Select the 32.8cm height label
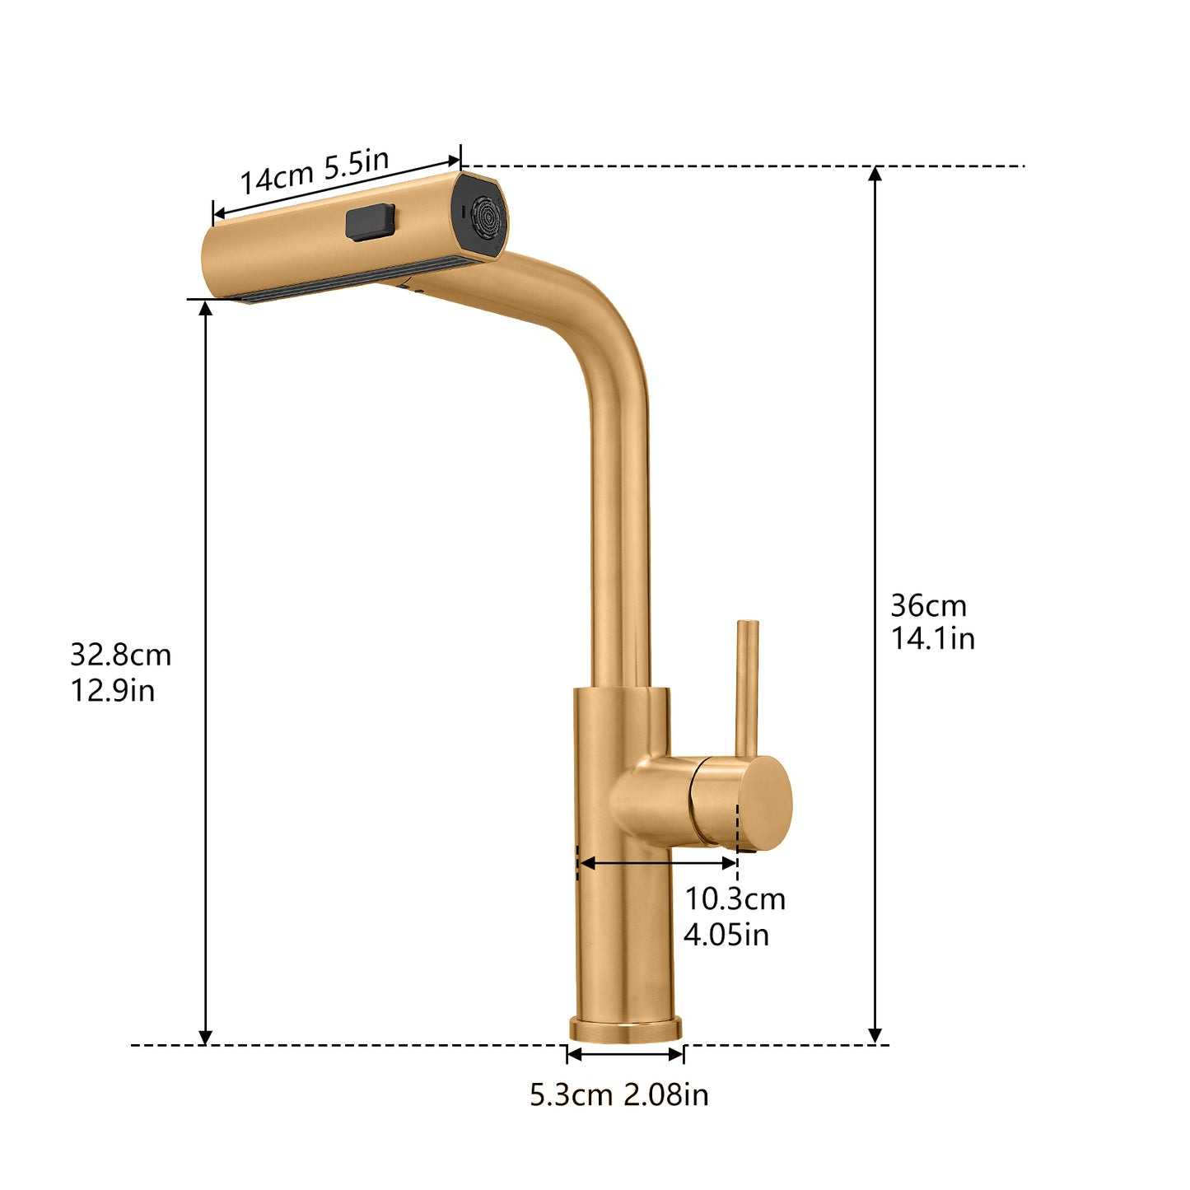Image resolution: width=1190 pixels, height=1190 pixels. [x=120, y=655]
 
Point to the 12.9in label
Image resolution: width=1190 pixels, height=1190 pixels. [x=112, y=690]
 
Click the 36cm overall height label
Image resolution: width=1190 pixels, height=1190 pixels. [x=928, y=606]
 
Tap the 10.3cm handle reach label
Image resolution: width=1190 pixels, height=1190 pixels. [x=735, y=898]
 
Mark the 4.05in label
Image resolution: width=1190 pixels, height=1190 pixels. [x=726, y=935]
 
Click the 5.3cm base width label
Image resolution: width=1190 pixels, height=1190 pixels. [x=572, y=1095]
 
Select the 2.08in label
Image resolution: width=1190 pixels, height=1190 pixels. [x=665, y=1095]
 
